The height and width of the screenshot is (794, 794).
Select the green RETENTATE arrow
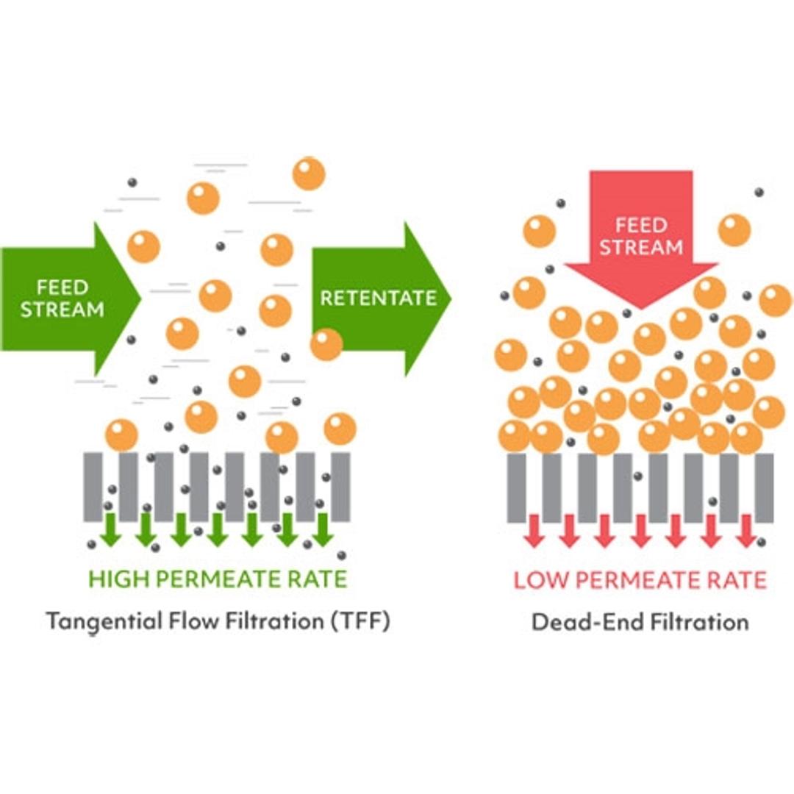379,298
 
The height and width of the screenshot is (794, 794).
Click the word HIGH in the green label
117,579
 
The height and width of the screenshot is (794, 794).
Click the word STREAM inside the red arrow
641,248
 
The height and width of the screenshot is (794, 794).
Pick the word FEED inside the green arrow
63,287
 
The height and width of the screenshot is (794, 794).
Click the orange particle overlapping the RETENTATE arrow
326,344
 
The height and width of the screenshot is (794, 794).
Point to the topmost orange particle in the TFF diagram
309,174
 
